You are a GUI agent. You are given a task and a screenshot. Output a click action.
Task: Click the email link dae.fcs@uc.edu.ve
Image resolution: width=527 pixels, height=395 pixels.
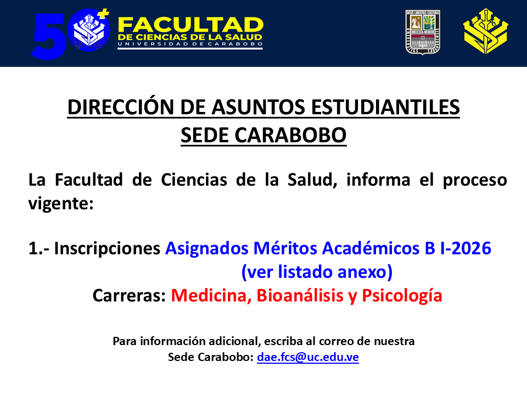308,357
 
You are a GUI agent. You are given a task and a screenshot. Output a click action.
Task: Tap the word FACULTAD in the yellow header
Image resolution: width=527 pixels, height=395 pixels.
190,25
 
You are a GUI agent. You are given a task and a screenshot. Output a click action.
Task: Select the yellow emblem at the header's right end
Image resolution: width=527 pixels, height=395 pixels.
485,32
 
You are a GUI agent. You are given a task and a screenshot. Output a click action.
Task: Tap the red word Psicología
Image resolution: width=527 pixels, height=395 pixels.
402,296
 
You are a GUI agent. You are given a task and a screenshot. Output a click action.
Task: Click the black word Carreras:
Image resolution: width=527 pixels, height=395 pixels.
129,296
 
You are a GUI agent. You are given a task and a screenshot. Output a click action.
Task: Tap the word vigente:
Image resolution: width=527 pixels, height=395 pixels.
61,204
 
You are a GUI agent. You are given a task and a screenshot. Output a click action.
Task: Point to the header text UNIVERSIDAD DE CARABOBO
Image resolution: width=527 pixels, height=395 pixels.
190,44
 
